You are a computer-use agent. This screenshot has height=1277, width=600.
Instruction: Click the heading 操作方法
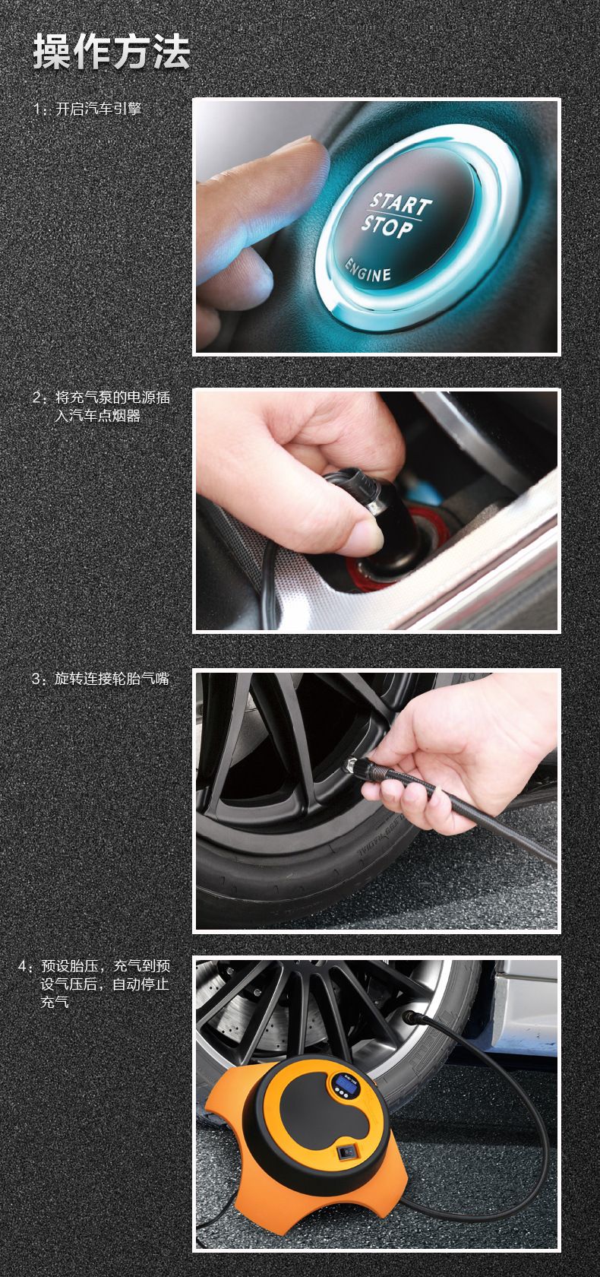click(111, 52)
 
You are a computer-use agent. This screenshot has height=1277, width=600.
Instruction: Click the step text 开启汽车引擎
click(98, 109)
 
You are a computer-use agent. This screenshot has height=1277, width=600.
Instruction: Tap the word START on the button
click(401, 204)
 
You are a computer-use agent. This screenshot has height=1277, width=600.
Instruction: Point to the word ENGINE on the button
click(368, 271)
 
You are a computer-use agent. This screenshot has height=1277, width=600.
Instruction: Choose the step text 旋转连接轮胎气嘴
click(112, 678)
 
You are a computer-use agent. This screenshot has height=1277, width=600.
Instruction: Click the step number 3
click(36, 679)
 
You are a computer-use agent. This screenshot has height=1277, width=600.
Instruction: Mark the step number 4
click(22, 966)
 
